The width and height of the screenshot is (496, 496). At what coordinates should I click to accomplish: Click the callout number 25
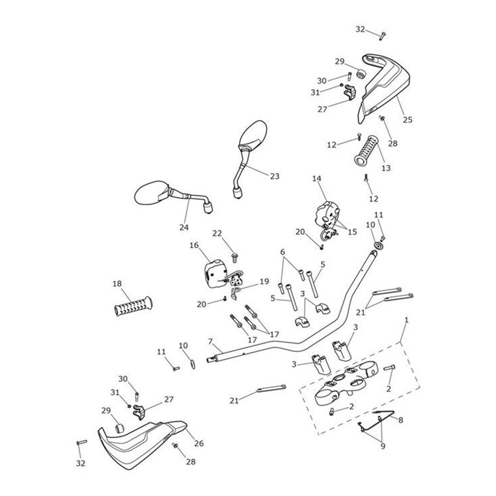click(408, 120)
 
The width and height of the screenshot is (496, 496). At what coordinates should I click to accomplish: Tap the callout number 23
click(274, 176)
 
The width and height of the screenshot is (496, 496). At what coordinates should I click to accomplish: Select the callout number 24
click(184, 227)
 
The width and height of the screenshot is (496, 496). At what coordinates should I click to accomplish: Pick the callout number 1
click(407, 320)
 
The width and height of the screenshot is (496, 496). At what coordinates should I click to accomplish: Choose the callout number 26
click(199, 444)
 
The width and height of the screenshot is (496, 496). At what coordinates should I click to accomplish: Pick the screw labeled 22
click(235, 258)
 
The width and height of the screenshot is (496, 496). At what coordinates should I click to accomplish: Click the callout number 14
click(317, 179)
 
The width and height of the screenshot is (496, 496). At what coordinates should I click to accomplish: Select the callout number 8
click(400, 419)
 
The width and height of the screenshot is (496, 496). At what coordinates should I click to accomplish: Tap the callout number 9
click(382, 446)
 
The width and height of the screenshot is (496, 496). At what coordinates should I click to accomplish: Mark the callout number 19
click(264, 282)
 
